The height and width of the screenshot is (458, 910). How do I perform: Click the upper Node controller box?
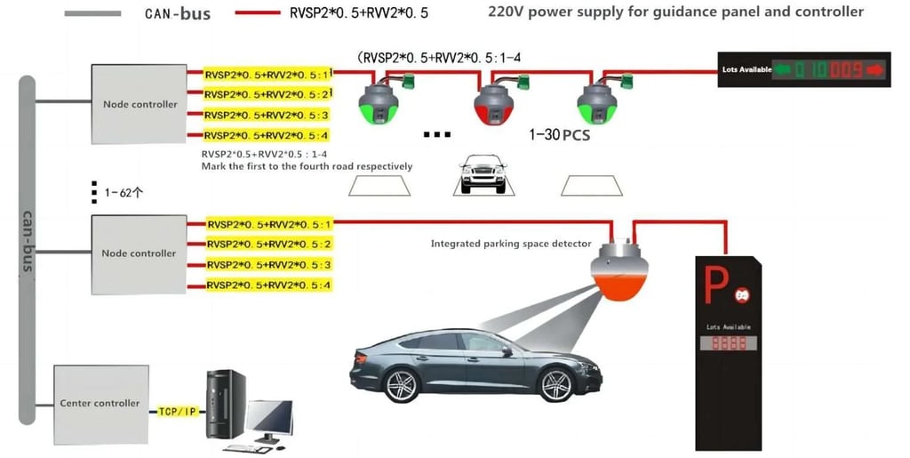[140, 104]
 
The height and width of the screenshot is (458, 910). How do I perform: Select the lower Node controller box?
[139, 253]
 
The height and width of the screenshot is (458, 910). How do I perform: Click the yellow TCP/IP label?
[177, 412]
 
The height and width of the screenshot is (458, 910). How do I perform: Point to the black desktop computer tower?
[226, 404]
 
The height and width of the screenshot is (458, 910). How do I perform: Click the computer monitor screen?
[270, 418]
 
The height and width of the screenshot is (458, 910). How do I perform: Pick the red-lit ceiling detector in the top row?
[491, 104]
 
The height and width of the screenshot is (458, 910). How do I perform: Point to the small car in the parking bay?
[483, 172]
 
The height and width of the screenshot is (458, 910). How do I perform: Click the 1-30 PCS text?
[559, 135]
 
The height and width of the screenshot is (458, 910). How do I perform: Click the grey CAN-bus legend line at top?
[92, 14]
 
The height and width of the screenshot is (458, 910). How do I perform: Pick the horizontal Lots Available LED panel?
[804, 68]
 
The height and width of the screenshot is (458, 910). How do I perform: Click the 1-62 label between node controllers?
[119, 192]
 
